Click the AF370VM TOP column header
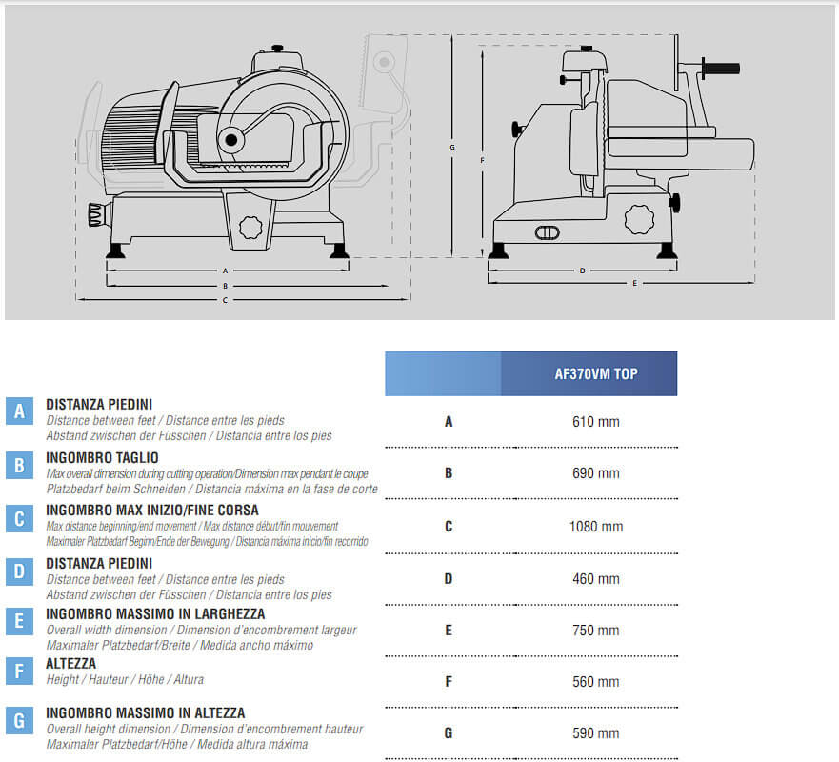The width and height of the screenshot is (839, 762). pyautogui.click(x=596, y=373)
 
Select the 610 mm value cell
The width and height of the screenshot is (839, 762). pyautogui.click(x=595, y=421)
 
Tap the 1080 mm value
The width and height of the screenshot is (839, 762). pyautogui.click(x=596, y=526)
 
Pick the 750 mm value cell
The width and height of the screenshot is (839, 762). pyautogui.click(x=595, y=630)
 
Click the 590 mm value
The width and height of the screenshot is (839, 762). pyautogui.click(x=595, y=732)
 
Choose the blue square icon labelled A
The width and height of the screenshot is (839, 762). pyautogui.click(x=19, y=411)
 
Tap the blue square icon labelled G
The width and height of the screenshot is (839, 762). pyautogui.click(x=19, y=720)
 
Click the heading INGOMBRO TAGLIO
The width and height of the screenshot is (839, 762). pyautogui.click(x=102, y=457)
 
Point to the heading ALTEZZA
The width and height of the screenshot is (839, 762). pyautogui.click(x=70, y=663)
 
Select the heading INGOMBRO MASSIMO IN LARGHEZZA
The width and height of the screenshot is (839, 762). pyautogui.click(x=155, y=613)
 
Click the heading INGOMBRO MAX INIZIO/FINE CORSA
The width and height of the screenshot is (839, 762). pyautogui.click(x=151, y=510)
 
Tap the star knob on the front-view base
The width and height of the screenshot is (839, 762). pyautogui.click(x=250, y=228)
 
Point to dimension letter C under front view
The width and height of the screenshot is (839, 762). pyautogui.click(x=225, y=300)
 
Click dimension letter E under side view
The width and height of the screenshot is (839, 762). pyautogui.click(x=633, y=283)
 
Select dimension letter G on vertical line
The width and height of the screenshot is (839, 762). pyautogui.click(x=452, y=148)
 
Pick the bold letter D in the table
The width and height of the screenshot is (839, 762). pyautogui.click(x=448, y=578)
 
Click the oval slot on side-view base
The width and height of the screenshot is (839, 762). pyautogui.click(x=548, y=232)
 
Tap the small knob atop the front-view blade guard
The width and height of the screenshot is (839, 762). pyautogui.click(x=276, y=48)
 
